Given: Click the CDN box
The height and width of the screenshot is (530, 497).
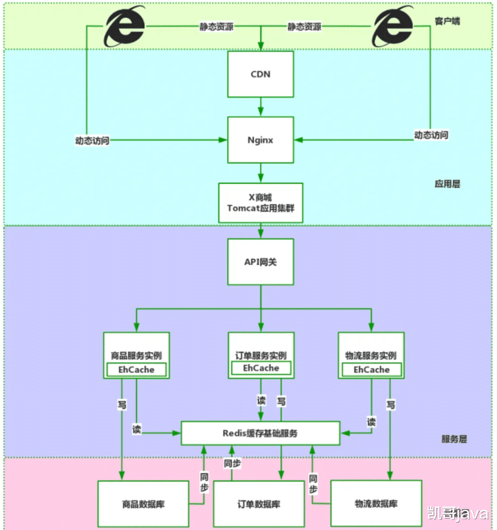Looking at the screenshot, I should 261,74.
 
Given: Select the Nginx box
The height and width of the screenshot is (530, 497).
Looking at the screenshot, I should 261,140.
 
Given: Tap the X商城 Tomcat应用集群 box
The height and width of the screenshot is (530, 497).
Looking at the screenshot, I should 261,203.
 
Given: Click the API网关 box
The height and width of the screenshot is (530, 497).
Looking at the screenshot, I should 261,262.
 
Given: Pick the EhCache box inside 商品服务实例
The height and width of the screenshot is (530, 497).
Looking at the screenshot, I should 136,369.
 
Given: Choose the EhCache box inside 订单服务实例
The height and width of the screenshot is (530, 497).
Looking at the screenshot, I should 261,368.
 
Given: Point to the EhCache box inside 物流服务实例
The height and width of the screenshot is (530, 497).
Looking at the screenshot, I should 371,369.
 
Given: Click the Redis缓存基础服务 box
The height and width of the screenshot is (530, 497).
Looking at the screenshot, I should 261,433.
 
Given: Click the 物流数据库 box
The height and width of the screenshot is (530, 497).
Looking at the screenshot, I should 378,503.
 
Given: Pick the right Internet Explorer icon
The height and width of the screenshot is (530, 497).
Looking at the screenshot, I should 393,27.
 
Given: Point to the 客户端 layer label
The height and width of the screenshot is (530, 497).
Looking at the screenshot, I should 447,21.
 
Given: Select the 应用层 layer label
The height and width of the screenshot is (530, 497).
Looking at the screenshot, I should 446,183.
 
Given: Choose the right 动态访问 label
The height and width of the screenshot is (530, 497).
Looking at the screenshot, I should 431,135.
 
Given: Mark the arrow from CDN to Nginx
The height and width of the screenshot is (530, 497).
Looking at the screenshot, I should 261,106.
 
